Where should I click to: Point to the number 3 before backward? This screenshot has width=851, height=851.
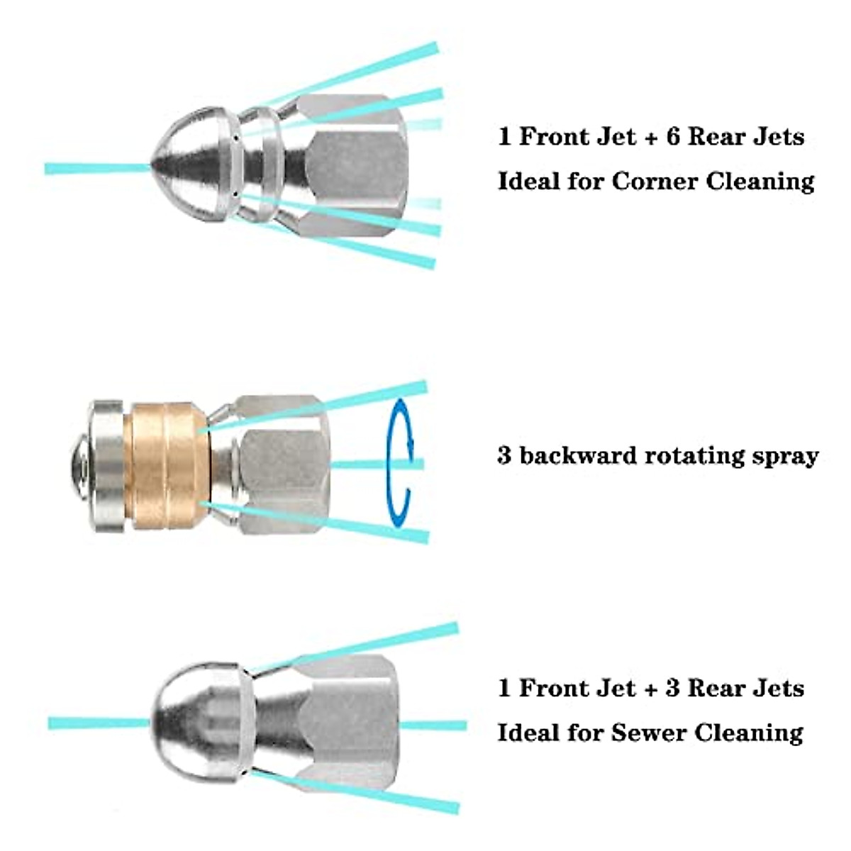(504, 455)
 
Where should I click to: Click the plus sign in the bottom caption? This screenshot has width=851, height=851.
(649, 689)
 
